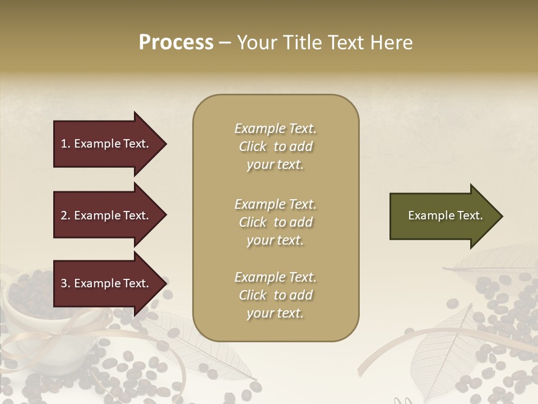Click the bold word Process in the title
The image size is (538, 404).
tap(176, 43)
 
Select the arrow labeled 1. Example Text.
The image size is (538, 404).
tap(106, 144)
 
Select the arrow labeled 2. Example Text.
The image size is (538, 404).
tap(106, 215)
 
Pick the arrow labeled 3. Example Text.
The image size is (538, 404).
tap(106, 283)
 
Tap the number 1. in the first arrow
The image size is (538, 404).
tap(66, 144)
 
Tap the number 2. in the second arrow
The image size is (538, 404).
tap(66, 215)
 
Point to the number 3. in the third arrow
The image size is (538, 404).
tap(66, 283)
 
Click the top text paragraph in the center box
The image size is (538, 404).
tap(275, 146)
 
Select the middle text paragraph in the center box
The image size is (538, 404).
tap(275, 222)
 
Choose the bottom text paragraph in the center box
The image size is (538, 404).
tap(275, 295)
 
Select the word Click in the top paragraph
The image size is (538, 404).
tap(253, 146)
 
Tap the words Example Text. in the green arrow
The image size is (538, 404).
tap(445, 215)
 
